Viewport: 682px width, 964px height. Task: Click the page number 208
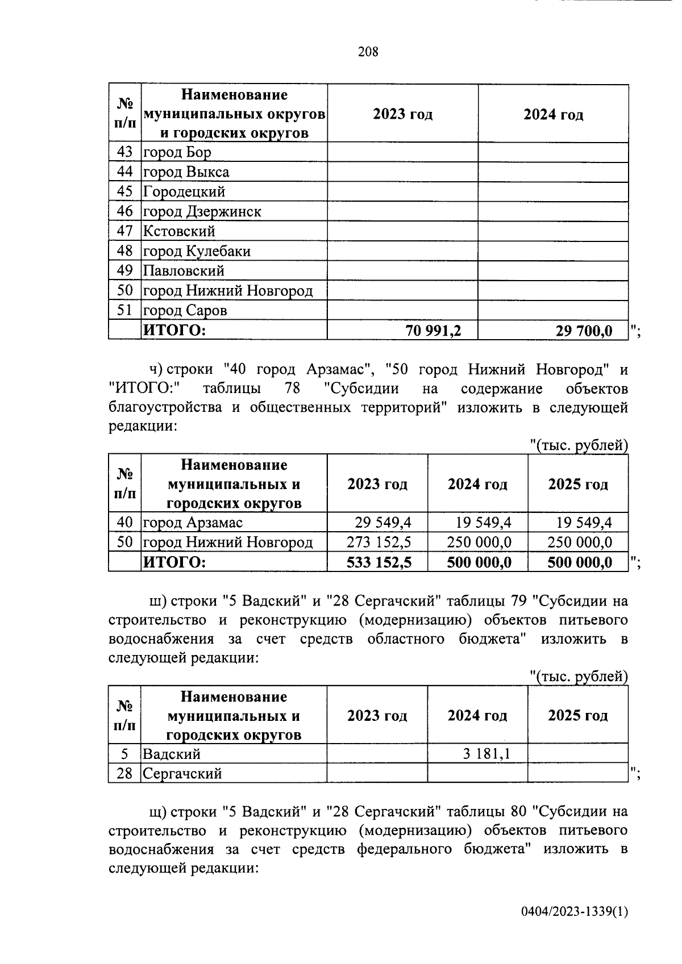click(368, 52)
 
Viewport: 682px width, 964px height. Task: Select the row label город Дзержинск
click(202, 212)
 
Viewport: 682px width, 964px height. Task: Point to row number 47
click(124, 231)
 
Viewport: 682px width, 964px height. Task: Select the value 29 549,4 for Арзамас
click(383, 523)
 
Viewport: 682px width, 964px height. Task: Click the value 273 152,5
click(379, 542)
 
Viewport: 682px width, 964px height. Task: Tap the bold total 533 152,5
click(379, 562)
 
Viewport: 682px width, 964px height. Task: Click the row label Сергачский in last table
click(182, 774)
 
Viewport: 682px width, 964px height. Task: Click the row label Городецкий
click(184, 192)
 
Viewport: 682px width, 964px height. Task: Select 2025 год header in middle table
click(577, 485)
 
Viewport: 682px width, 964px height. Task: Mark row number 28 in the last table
click(124, 774)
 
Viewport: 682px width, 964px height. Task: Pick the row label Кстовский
click(179, 231)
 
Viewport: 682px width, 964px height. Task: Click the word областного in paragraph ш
click(405, 639)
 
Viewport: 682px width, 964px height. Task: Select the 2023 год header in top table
click(402, 114)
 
